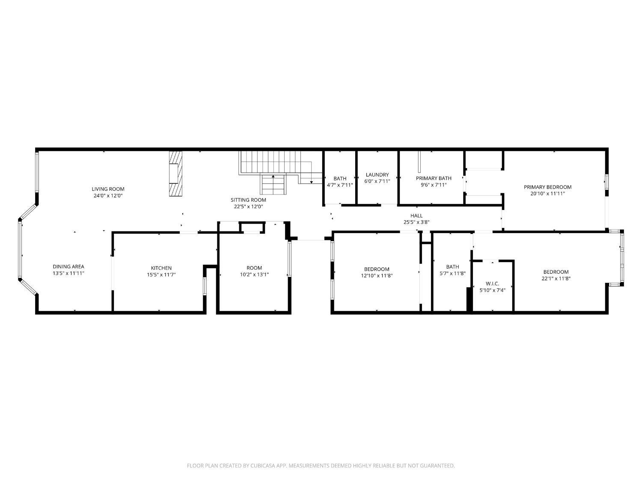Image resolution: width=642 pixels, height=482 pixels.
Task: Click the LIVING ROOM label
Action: (108, 189)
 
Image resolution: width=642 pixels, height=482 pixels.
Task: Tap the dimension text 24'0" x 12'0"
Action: (108, 196)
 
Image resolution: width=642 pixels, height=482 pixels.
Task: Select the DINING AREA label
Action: (68, 266)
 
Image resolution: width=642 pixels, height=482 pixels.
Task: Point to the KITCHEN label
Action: (161, 268)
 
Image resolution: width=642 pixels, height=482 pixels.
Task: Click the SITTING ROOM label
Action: (248, 200)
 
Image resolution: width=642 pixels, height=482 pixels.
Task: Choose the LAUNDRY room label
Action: (377, 175)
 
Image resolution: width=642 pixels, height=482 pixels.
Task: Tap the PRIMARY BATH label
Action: (434, 178)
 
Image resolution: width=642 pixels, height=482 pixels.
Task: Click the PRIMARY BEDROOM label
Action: (547, 187)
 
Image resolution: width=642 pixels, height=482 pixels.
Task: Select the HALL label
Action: (416, 216)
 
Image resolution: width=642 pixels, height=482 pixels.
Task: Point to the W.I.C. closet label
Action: (493, 284)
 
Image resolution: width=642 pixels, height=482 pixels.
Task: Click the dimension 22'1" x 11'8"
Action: (556, 278)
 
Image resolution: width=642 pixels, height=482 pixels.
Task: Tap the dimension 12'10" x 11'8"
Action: (377, 275)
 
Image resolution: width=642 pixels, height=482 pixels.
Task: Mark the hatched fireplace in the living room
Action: (175, 174)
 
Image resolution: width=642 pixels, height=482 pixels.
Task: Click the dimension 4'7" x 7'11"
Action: (340, 185)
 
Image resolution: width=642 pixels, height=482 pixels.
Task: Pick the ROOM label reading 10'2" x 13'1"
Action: (254, 268)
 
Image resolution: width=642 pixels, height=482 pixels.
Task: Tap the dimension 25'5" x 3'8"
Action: (416, 222)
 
